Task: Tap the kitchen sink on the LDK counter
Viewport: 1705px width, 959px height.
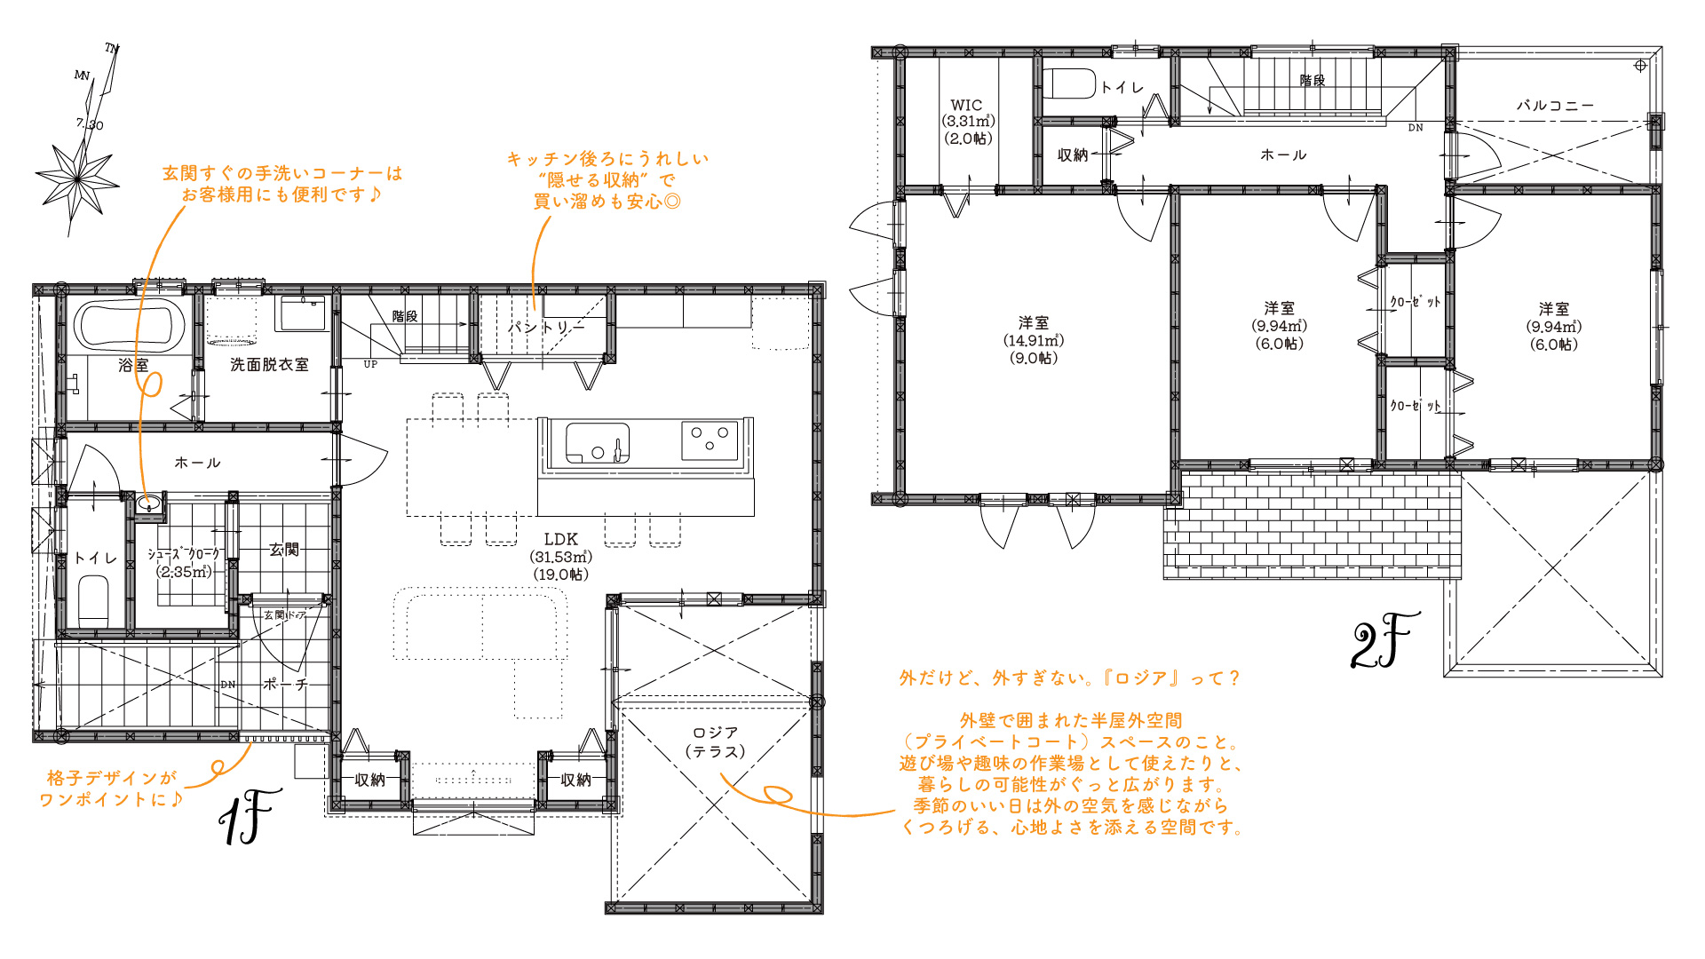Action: (x=598, y=443)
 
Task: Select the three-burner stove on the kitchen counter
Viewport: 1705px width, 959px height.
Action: (x=710, y=440)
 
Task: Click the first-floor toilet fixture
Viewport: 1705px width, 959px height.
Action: (x=93, y=601)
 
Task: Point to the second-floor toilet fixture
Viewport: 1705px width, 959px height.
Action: (x=1069, y=83)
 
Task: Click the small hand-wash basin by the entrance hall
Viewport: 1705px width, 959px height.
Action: (x=150, y=503)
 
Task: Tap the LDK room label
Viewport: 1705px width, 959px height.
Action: (x=560, y=539)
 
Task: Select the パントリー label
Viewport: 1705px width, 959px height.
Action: (x=546, y=328)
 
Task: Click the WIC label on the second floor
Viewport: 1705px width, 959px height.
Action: (x=966, y=105)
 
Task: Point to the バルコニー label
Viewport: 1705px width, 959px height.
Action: (x=1555, y=105)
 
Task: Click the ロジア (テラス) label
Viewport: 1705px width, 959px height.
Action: (x=716, y=742)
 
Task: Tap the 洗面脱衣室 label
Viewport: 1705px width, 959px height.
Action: (x=269, y=365)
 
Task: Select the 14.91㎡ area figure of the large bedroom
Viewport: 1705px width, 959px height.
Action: (x=1034, y=340)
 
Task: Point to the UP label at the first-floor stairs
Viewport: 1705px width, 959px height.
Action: (x=370, y=364)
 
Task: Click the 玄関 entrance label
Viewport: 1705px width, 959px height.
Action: (x=284, y=550)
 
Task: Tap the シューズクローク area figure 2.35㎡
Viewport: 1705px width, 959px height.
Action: (x=185, y=572)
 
